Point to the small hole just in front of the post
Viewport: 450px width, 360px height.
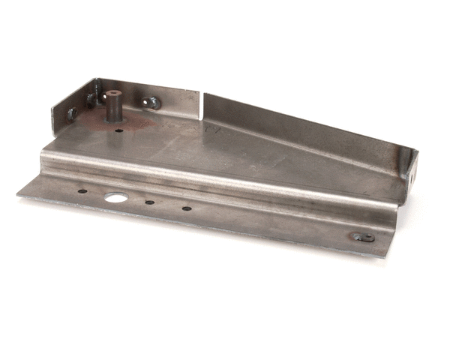click(119, 130)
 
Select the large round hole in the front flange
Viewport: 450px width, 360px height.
click(115, 198)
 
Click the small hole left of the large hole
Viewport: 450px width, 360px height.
click(82, 191)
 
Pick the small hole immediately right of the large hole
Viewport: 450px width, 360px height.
click(150, 202)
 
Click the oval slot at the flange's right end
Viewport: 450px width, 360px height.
click(363, 237)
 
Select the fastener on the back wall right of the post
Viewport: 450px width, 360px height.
click(152, 102)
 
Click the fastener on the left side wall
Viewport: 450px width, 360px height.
click(72, 114)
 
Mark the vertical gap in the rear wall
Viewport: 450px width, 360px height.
click(202, 105)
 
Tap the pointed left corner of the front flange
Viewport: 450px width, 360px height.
click(18, 194)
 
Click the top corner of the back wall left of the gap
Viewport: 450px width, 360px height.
click(199, 92)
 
